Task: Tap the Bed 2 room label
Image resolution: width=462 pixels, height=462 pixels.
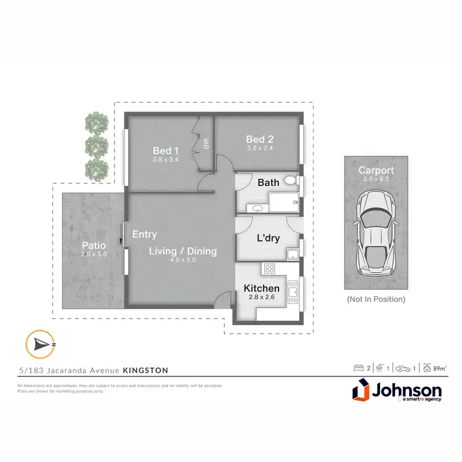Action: point(255,139)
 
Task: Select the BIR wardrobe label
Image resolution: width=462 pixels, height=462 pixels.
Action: point(206,144)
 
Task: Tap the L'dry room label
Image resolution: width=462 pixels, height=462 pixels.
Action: point(269,237)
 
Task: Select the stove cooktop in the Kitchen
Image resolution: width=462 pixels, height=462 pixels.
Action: point(269,268)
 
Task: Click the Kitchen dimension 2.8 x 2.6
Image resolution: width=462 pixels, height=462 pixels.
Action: point(261,298)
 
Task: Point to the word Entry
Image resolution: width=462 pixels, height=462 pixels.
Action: point(145,235)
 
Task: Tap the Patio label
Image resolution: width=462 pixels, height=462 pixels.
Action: point(94,245)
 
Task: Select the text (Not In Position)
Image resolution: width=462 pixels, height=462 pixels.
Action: point(376,299)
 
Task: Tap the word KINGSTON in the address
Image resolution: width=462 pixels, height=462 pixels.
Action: point(145,370)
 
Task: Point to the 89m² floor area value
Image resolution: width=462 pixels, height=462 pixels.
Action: point(439,368)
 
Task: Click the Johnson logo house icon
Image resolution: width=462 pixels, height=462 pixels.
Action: point(362,392)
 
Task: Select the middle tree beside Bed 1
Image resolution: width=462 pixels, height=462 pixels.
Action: point(95,145)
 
